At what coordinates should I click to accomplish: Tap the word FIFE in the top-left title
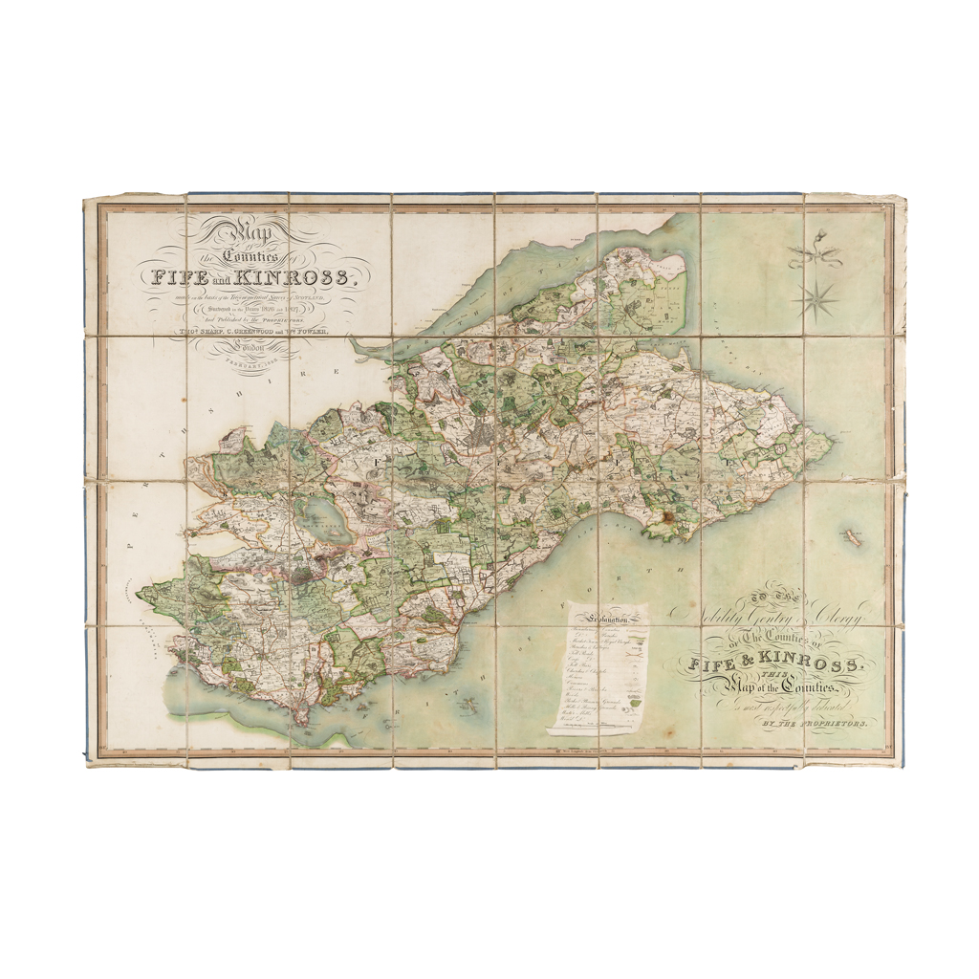[177, 277]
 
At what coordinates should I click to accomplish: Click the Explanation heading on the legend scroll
[606, 619]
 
